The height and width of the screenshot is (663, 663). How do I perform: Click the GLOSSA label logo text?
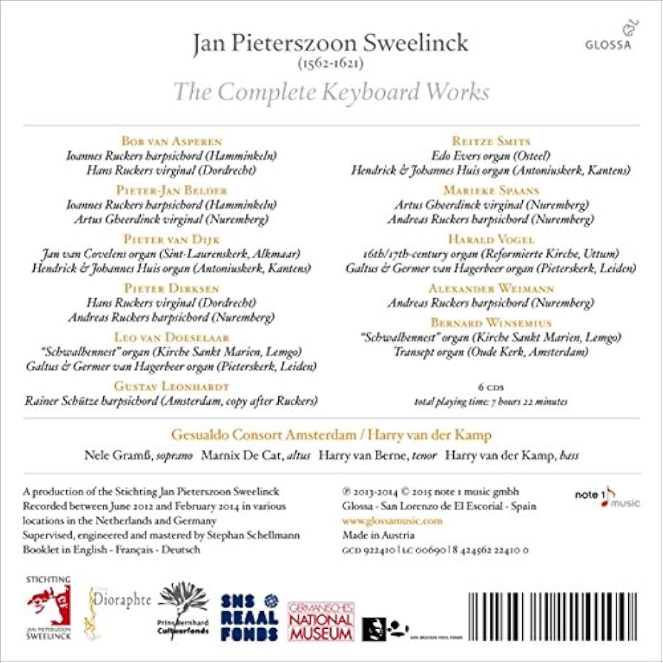607,44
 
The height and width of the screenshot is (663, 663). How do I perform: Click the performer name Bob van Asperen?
171,141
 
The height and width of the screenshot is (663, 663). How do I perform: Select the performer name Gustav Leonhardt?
171,386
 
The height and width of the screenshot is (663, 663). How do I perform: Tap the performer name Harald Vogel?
490,240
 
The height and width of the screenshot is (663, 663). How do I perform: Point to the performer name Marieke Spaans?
491,191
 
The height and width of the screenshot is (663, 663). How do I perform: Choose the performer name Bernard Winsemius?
490,323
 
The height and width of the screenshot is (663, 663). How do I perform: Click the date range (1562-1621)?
331,65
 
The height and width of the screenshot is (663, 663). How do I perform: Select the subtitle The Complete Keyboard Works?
331,92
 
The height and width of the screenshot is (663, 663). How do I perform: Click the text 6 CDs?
491,386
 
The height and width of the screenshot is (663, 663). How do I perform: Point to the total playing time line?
491,401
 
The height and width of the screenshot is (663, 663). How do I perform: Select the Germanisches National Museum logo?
321,620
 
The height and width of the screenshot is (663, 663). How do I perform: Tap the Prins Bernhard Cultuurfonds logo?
182,610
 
